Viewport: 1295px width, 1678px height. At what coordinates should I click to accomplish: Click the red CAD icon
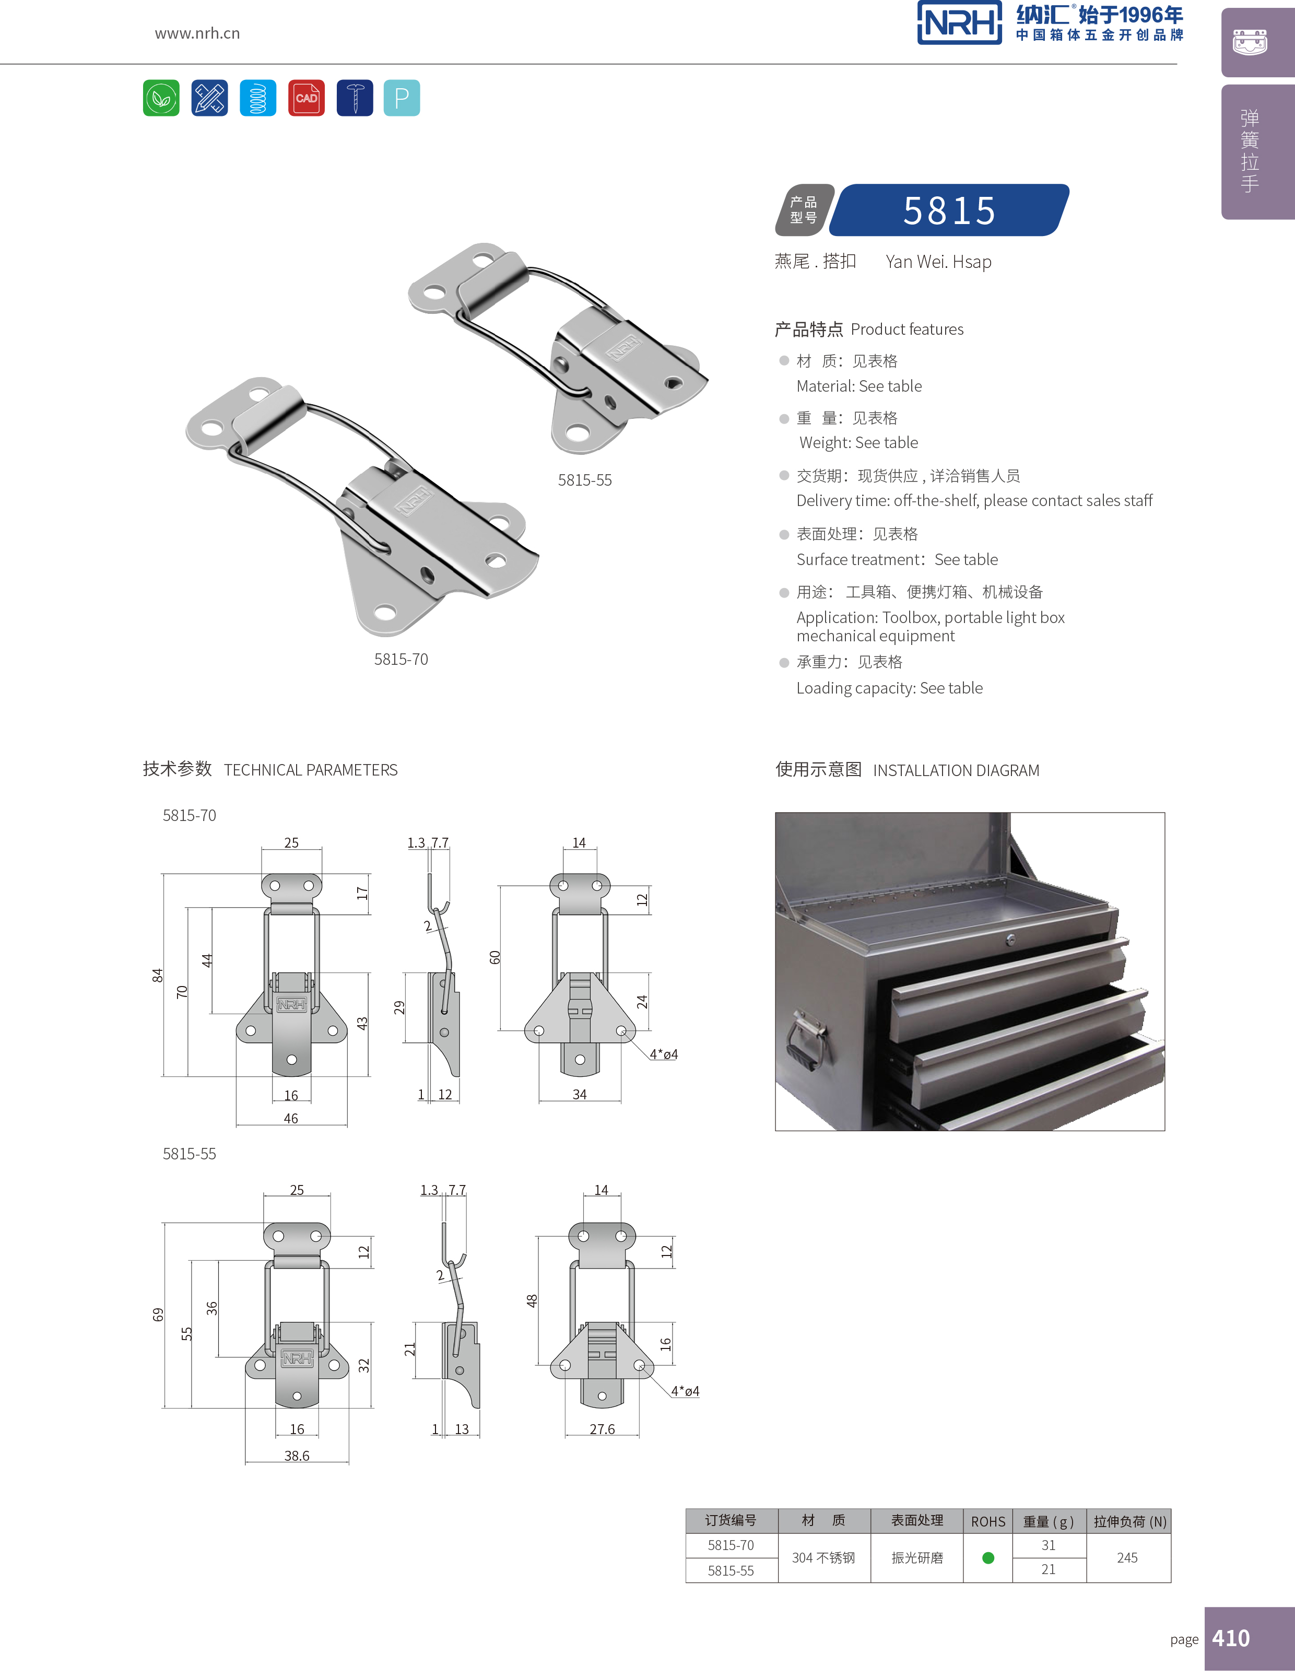pos(305,98)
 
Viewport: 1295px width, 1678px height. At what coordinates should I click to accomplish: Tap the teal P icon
pos(401,98)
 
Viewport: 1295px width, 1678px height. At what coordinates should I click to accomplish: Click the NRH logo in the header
pos(959,23)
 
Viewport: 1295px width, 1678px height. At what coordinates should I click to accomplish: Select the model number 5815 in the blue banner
pos(949,210)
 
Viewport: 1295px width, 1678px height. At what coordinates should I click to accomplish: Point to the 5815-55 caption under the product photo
pos(584,480)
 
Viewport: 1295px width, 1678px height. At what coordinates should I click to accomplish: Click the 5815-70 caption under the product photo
pos(401,659)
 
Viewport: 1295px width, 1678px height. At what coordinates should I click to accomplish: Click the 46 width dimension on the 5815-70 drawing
pos(290,1119)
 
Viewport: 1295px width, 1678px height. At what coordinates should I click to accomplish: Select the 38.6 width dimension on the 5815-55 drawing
pos(297,1456)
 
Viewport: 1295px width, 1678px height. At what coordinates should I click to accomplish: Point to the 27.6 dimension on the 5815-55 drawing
pos(602,1429)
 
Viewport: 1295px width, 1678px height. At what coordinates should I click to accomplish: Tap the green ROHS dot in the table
pos(988,1558)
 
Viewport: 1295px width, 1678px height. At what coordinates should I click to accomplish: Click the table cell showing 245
pos(1127,1558)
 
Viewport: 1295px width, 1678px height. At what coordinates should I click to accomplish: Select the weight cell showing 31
pos(1049,1545)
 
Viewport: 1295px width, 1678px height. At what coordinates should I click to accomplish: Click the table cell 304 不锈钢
pos(823,1558)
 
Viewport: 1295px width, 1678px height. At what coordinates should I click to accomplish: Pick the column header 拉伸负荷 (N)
pos(1129,1521)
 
